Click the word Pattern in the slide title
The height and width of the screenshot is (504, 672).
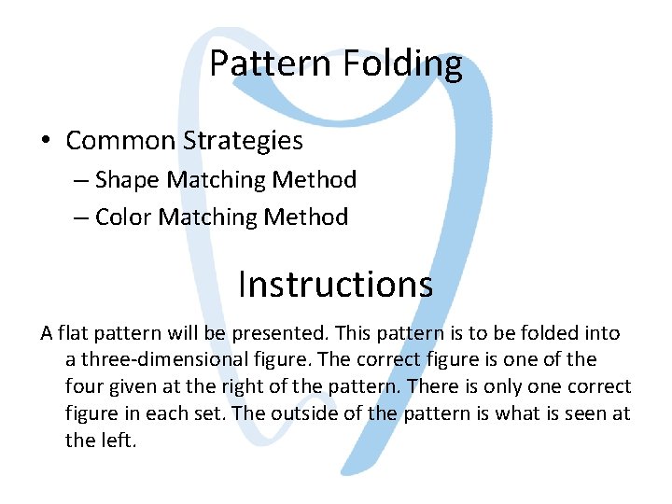coord(268,63)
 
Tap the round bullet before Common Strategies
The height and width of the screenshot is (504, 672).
coord(46,141)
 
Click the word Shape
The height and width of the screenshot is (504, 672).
coord(126,179)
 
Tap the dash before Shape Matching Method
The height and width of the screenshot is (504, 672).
coord(80,179)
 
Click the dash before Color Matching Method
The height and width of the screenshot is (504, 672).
coord(80,217)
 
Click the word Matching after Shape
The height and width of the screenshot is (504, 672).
coord(214,179)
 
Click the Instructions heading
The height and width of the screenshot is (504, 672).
coord(335,284)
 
